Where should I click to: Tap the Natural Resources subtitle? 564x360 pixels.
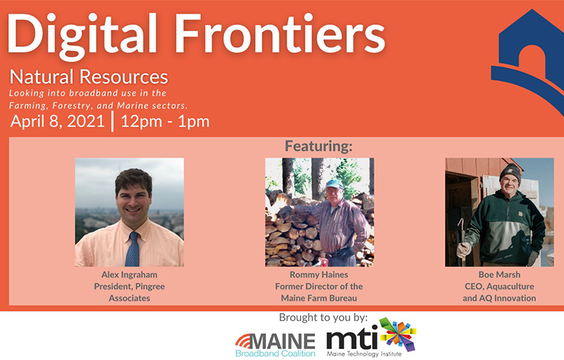point(89,77)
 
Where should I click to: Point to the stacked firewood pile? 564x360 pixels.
point(290,231)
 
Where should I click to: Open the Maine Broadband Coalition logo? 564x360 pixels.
point(275,343)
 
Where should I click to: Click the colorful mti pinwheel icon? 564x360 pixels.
point(397,334)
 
